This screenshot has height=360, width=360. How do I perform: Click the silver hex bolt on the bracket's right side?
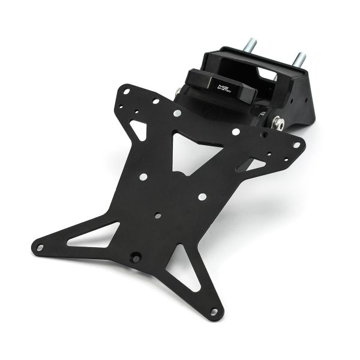tap(277, 123)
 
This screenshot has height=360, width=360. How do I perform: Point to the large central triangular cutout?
tap(191, 150)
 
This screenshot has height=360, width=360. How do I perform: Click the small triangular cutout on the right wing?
tap(255, 164)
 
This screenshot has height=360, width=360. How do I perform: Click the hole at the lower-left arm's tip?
tap(40, 247)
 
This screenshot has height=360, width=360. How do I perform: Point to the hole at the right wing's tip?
tap(295, 145)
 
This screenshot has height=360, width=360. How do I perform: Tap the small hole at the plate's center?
tap(157, 215)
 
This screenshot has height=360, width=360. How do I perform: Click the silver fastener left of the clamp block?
tap(178, 91)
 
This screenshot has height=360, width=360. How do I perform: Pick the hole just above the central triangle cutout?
tap(177, 113)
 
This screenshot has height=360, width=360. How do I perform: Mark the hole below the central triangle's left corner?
tap(143, 176)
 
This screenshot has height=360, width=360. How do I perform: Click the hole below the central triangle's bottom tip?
tap(202, 196)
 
